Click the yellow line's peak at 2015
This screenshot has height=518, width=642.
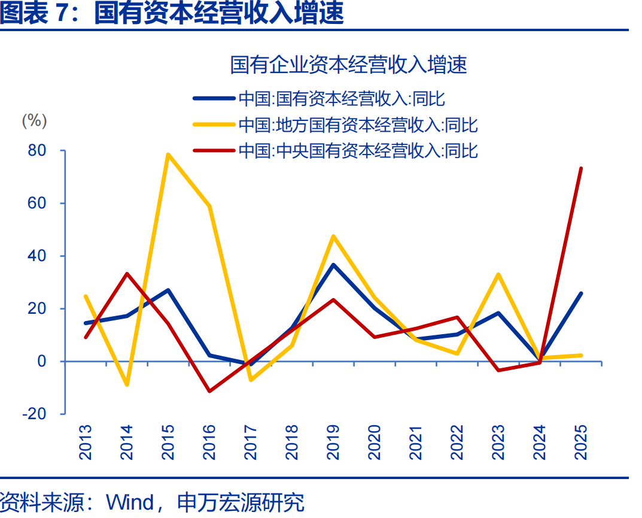pyautogui.click(x=168, y=155)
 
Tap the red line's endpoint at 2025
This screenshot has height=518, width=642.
pyautogui.click(x=581, y=168)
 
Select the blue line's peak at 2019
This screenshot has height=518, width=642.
pyautogui.click(x=333, y=265)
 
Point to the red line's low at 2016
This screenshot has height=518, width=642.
pyautogui.click(x=209, y=391)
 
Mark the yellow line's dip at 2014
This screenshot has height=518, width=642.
pyautogui.click(x=127, y=384)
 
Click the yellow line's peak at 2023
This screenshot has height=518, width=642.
pyautogui.click(x=498, y=274)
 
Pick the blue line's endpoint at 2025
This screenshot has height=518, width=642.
pyautogui.click(x=581, y=293)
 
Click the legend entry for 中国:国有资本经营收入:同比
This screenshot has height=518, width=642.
pyautogui.click(x=341, y=98)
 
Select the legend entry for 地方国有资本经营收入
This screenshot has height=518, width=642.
pyautogui.click(x=358, y=125)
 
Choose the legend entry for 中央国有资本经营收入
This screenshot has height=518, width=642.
pyautogui.click(x=358, y=150)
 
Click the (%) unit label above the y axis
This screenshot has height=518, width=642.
pyautogui.click(x=34, y=120)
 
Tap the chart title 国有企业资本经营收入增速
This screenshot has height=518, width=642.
pyautogui.click(x=348, y=65)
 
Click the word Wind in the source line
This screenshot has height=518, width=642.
pyautogui.click(x=130, y=502)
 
